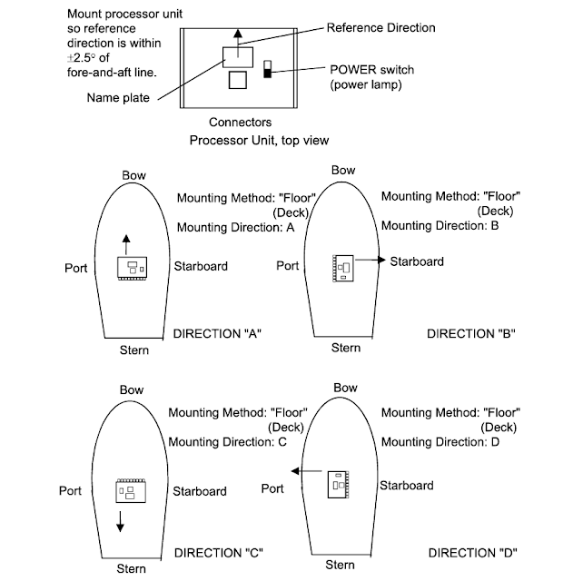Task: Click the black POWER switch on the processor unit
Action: point(267,70)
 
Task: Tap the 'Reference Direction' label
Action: point(380,28)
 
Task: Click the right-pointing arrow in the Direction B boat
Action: point(367,261)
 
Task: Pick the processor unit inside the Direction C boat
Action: point(126,491)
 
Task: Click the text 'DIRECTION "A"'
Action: point(218,334)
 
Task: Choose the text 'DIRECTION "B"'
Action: point(471,334)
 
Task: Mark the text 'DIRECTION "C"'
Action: point(218,552)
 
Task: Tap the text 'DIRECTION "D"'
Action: point(471,552)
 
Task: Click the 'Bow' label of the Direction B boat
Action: point(343,170)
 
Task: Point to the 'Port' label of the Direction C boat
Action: point(72,490)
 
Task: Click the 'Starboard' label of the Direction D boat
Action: point(406,486)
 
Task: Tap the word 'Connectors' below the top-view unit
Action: point(241,122)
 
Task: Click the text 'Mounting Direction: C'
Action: point(228,442)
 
